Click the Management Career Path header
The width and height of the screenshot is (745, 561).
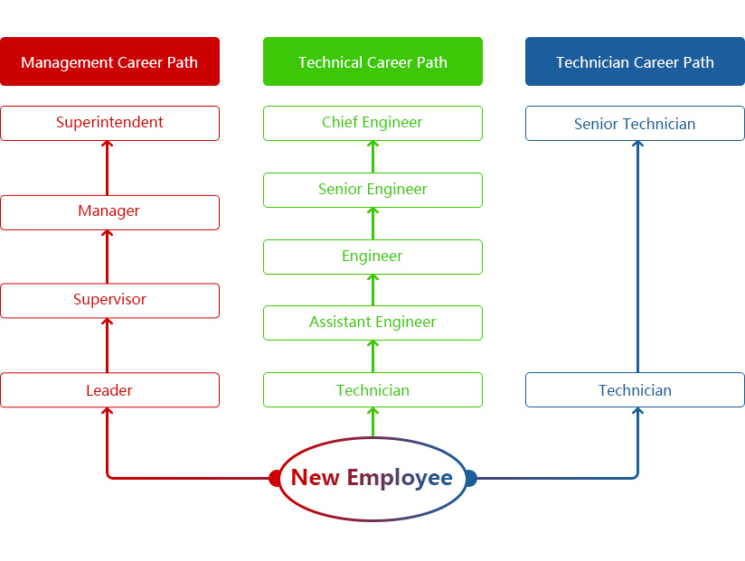109,61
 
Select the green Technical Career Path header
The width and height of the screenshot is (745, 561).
372,61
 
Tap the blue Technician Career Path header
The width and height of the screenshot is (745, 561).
635,61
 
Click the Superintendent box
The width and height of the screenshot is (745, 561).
109,123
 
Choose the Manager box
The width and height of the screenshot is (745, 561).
109,212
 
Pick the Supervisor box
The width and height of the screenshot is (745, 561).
109,301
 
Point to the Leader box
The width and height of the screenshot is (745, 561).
109,390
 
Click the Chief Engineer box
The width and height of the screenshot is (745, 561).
372,123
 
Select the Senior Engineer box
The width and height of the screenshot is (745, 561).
372,190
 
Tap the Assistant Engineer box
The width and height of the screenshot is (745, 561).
372,323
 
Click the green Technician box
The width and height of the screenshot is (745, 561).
372,390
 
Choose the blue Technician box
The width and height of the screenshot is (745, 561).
635,390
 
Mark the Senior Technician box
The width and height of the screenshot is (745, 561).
635,124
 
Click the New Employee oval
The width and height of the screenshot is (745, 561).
372,478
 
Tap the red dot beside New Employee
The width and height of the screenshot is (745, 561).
276,478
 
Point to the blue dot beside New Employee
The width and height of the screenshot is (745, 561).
469,478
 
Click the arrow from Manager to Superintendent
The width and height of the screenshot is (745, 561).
108,168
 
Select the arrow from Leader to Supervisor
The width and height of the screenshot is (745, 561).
108,346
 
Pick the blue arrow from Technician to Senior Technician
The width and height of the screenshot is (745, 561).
637,257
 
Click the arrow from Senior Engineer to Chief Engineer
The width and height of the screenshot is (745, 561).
372,156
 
